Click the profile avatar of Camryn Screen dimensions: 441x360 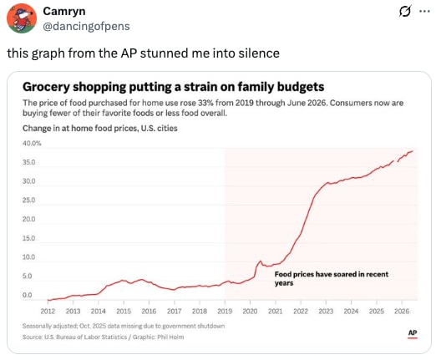coord(22,18)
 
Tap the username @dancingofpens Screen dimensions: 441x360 coord(86,26)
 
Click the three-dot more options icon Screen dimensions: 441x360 coord(424,11)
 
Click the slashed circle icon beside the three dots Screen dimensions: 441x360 coord(405,11)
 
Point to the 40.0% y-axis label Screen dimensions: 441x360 coord(32,144)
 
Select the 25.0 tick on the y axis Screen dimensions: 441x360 coord(29,200)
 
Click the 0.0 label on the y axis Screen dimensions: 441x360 coord(28,296)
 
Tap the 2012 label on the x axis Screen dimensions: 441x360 coord(48,312)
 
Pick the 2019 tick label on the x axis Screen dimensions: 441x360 coord(225,312)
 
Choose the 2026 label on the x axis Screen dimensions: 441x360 coord(402,312)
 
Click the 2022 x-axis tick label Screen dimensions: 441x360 coord(301,312)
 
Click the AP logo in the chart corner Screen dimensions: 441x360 coord(413,333)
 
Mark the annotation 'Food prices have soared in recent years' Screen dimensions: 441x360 coord(332,278)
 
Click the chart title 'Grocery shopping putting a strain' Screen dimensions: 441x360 coord(173,87)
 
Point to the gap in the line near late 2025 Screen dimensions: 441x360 coord(395,161)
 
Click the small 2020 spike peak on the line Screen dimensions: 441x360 coord(260,261)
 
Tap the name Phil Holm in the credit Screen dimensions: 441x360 coord(170,337)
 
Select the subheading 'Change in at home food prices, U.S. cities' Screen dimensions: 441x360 coord(100,129)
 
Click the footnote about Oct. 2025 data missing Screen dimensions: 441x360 coord(124,326)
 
